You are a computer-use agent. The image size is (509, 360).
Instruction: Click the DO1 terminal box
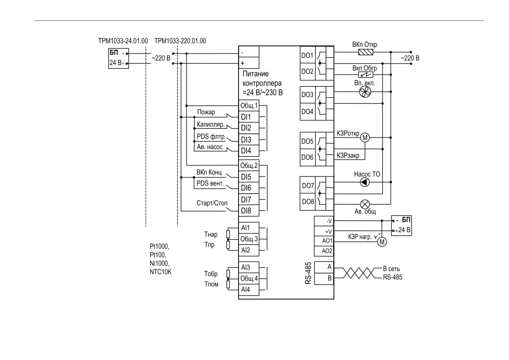[308, 55]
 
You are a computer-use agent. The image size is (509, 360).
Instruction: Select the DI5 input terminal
[249, 177]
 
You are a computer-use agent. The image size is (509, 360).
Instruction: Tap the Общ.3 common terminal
[249, 239]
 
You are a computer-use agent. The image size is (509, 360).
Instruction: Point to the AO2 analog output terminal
[324, 251]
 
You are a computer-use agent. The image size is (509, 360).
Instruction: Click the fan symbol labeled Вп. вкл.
[365, 92]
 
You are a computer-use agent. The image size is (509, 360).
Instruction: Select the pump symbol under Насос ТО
[365, 182]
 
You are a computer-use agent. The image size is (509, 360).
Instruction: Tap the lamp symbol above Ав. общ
[365, 204]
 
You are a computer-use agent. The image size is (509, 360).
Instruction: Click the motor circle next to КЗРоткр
[365, 137]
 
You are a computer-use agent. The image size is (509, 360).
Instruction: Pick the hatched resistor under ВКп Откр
[366, 52]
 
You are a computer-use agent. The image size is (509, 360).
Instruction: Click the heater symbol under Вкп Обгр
[366, 75]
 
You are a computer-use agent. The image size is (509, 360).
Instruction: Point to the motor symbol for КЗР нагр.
[382, 242]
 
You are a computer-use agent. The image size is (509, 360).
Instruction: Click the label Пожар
[206, 112]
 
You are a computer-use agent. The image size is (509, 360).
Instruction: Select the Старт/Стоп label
[212, 203]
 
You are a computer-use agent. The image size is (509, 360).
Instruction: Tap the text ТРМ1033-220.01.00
[180, 41]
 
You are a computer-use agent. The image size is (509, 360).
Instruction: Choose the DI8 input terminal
[249, 211]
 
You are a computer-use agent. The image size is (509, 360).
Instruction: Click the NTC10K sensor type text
[161, 272]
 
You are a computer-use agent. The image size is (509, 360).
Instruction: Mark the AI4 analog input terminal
[249, 290]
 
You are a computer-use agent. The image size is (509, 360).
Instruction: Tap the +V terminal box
[324, 232]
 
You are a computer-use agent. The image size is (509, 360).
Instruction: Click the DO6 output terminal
[308, 157]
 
